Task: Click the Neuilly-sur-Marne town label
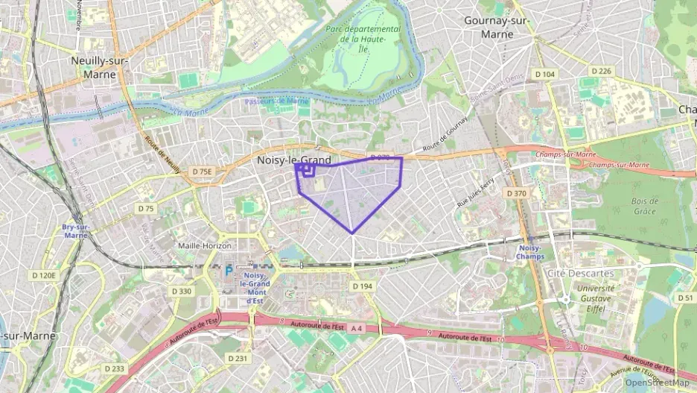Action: (99, 67)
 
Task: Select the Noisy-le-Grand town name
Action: (293, 160)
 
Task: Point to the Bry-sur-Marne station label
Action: (75, 230)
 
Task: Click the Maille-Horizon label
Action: (205, 245)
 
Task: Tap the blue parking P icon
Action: (229, 272)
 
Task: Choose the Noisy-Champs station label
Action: (530, 252)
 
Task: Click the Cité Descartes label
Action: (581, 273)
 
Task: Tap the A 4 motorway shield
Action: (357, 328)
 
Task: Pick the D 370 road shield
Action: (516, 193)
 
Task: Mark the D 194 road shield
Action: (362, 286)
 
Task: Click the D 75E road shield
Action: (202, 172)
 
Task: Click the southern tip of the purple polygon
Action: (352, 233)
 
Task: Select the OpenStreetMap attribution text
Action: (657, 383)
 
